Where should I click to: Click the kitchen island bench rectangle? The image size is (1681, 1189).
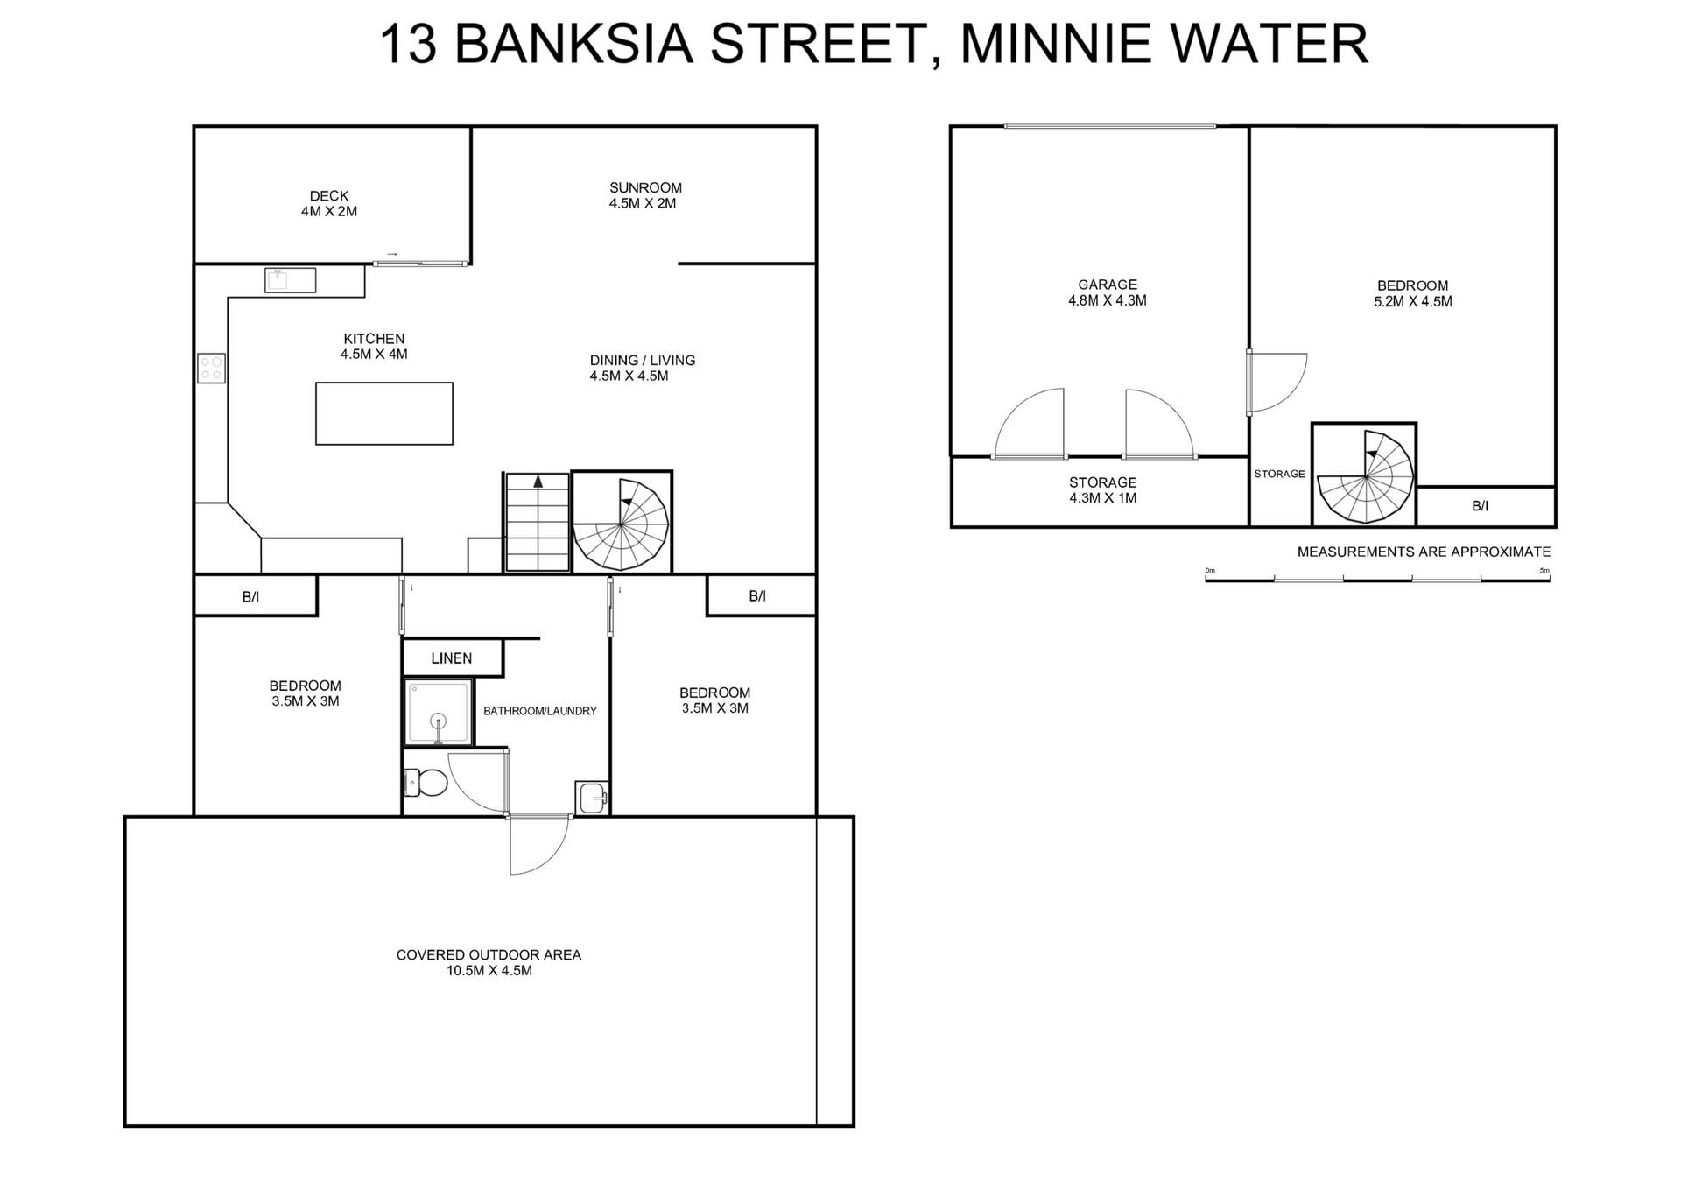383,413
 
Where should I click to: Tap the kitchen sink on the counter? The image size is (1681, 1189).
290,280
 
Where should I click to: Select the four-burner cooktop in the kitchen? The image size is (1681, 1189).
211,368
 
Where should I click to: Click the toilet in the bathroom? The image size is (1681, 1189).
426,782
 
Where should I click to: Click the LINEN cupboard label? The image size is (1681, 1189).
451,658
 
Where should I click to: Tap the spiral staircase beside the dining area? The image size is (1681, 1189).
621,523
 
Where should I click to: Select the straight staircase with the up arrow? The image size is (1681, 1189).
537,523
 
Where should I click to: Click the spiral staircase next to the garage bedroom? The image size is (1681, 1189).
1363,475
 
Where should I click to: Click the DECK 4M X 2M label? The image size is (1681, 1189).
328,203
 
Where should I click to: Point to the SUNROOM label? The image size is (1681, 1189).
645,187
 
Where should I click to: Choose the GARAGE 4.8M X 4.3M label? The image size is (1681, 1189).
1107,292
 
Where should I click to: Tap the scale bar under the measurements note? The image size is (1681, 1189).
1376,579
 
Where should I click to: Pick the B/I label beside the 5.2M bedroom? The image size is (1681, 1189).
1480,506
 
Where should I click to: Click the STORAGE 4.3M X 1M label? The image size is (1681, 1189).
1102,490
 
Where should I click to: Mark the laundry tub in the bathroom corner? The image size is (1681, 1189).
592,797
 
